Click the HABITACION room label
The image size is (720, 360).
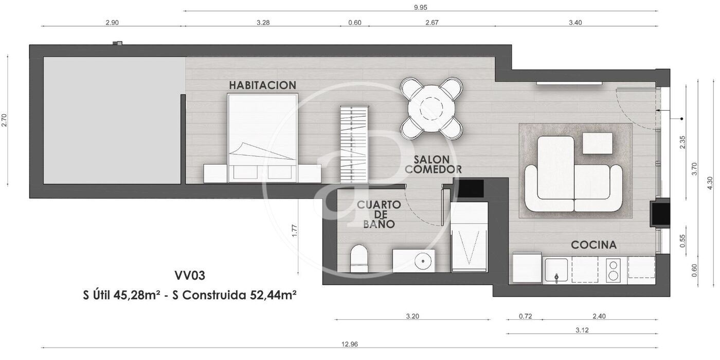262,85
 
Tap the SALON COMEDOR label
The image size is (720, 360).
433,164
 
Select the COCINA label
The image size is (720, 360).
593,245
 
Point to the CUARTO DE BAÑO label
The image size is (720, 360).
379,214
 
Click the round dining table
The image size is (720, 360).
431,109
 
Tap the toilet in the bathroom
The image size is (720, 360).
359,258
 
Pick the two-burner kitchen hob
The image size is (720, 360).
613,271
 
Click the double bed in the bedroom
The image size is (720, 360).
262,138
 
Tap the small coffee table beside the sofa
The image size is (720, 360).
597,143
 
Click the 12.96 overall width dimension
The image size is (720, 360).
350,344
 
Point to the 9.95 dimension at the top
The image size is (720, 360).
421,7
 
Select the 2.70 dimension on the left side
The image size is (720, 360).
4,120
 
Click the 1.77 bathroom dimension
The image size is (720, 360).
294,231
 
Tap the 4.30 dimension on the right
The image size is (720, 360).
710,183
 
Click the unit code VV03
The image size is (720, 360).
190,276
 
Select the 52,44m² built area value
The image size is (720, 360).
273,295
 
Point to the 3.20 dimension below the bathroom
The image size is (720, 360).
412,316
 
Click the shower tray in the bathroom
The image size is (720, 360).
469,237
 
